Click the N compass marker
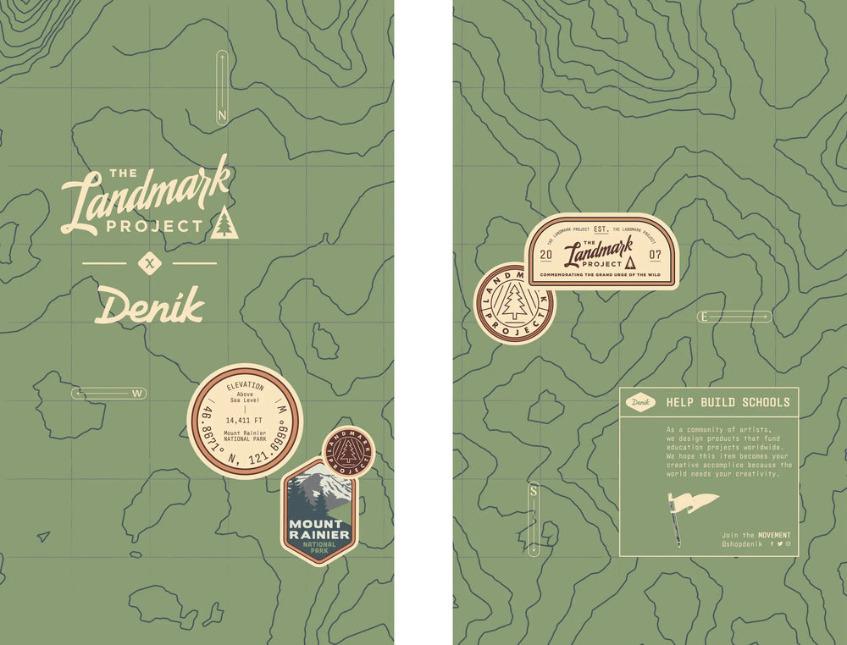[x=222, y=115]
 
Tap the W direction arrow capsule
[x=108, y=393]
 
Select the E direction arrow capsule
[x=734, y=317]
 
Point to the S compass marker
[x=534, y=491]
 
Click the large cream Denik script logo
[x=150, y=305]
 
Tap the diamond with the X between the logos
[x=149, y=264]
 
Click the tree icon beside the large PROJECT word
[x=224, y=223]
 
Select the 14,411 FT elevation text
[x=245, y=419]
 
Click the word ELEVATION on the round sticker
[x=245, y=386]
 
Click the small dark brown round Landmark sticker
[x=347, y=452]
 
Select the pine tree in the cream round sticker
[x=514, y=302]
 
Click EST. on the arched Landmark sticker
[x=601, y=229]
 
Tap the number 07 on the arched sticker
[x=656, y=254]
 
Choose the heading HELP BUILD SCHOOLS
[x=728, y=402]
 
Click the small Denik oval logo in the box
[x=640, y=402]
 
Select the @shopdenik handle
[x=742, y=544]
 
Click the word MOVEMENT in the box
[x=774, y=535]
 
